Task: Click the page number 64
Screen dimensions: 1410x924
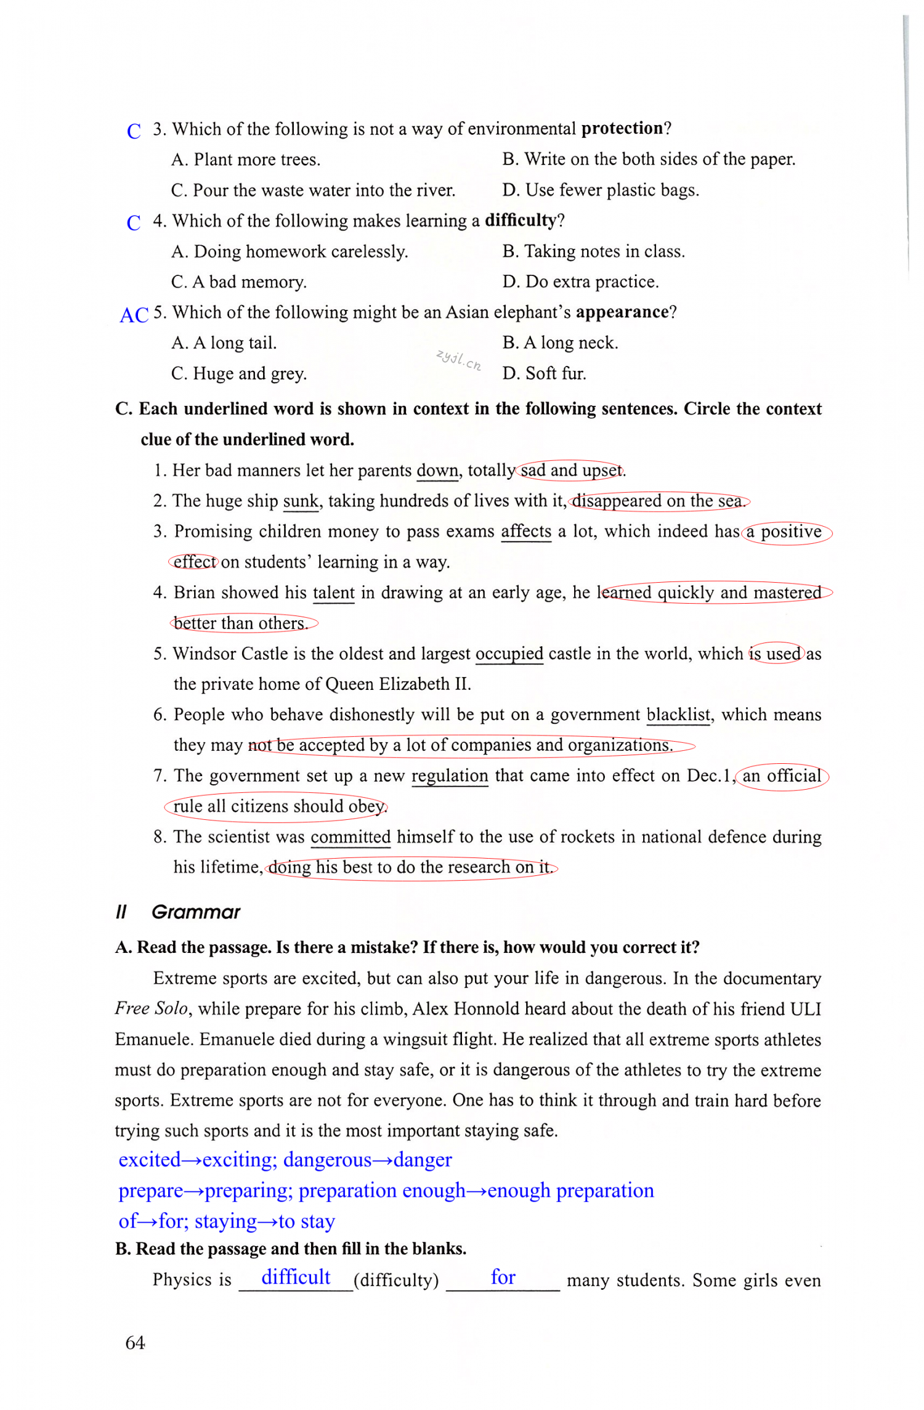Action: pos(135,1342)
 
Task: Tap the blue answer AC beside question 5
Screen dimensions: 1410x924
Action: pos(134,315)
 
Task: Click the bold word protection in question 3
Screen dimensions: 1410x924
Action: pos(622,128)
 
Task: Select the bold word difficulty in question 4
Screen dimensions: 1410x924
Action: pos(520,220)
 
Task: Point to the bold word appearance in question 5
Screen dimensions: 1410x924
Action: pos(622,312)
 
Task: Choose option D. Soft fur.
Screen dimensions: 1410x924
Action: pos(544,373)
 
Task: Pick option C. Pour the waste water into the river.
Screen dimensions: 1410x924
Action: pos(313,190)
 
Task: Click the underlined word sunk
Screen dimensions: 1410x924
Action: pos(301,501)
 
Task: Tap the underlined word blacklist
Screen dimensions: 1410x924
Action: pos(678,715)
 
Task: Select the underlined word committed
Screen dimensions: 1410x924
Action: pos(351,837)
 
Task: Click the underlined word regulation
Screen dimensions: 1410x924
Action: pos(449,776)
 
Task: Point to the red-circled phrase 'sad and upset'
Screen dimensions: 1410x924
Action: pos(570,471)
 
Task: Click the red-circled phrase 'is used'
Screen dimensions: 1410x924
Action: pos(776,654)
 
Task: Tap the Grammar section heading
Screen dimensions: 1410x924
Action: pos(195,912)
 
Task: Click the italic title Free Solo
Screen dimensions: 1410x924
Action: pos(151,1008)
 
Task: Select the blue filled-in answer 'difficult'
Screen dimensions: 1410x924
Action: pos(296,1277)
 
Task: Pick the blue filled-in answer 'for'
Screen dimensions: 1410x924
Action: pos(503,1277)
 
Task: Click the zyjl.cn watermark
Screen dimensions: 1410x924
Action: pos(458,359)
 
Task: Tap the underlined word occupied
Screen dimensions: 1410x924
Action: pos(509,654)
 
